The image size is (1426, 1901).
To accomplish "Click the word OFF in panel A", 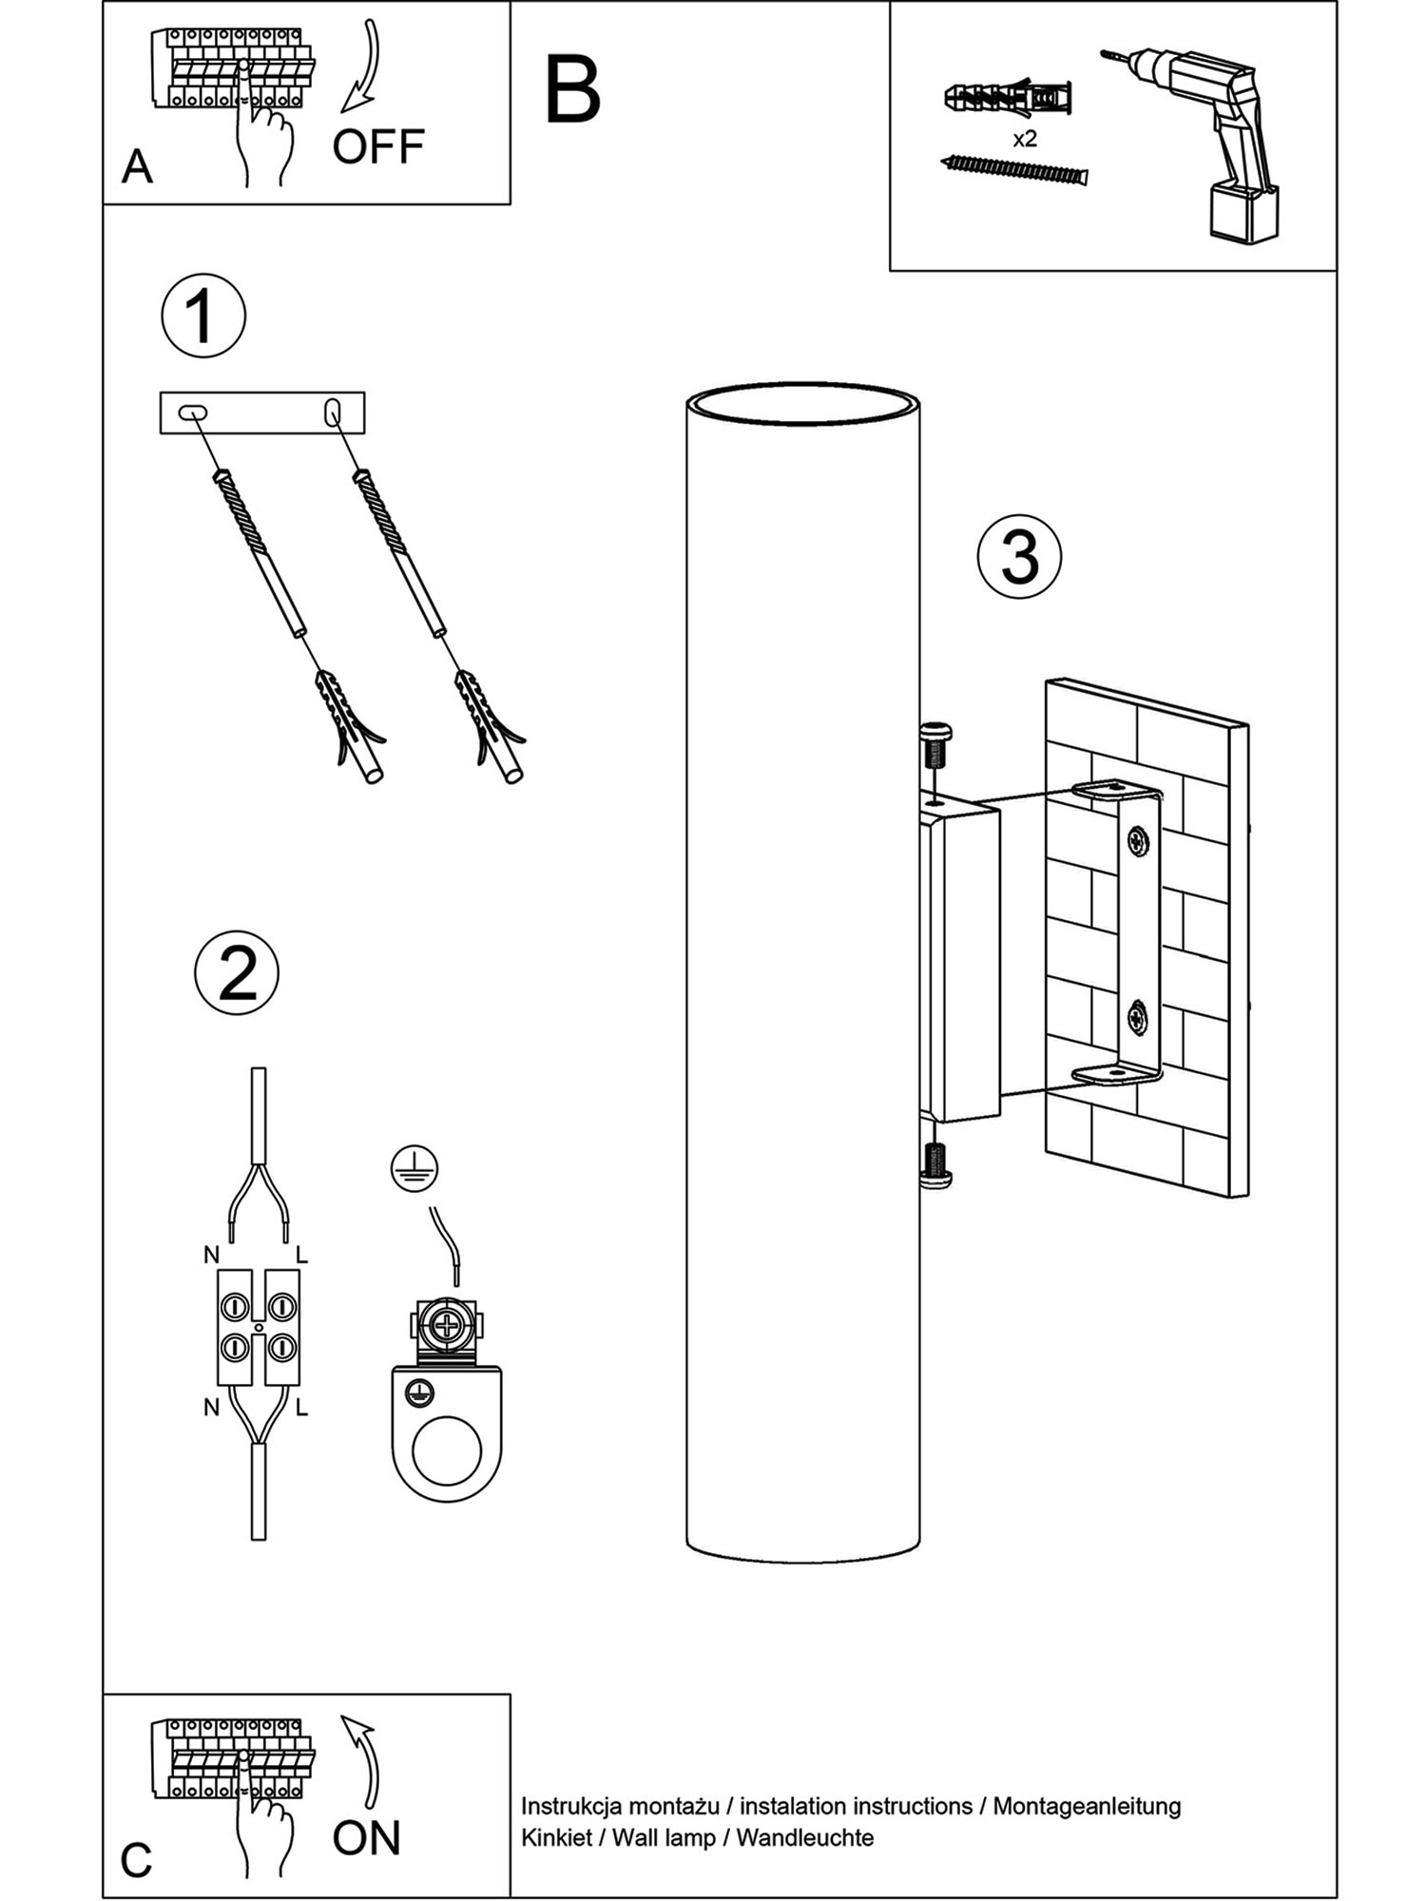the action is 377,147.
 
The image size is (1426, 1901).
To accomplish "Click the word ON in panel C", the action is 366,1838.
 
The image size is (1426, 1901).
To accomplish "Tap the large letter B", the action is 572,89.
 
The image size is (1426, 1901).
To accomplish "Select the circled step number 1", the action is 203,317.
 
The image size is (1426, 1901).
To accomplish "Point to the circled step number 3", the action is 1019,557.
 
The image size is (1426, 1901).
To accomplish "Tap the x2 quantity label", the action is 1024,139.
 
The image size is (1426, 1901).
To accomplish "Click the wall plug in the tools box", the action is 1008,97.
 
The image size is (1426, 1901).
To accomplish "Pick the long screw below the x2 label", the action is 1013,170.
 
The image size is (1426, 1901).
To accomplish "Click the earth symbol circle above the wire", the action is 414,1169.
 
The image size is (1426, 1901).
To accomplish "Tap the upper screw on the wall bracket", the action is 1138,839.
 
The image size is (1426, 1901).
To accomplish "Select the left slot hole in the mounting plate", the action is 193,413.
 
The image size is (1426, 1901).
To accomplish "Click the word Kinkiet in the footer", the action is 555,1837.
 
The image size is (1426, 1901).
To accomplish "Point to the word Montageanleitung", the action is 1087,1807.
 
